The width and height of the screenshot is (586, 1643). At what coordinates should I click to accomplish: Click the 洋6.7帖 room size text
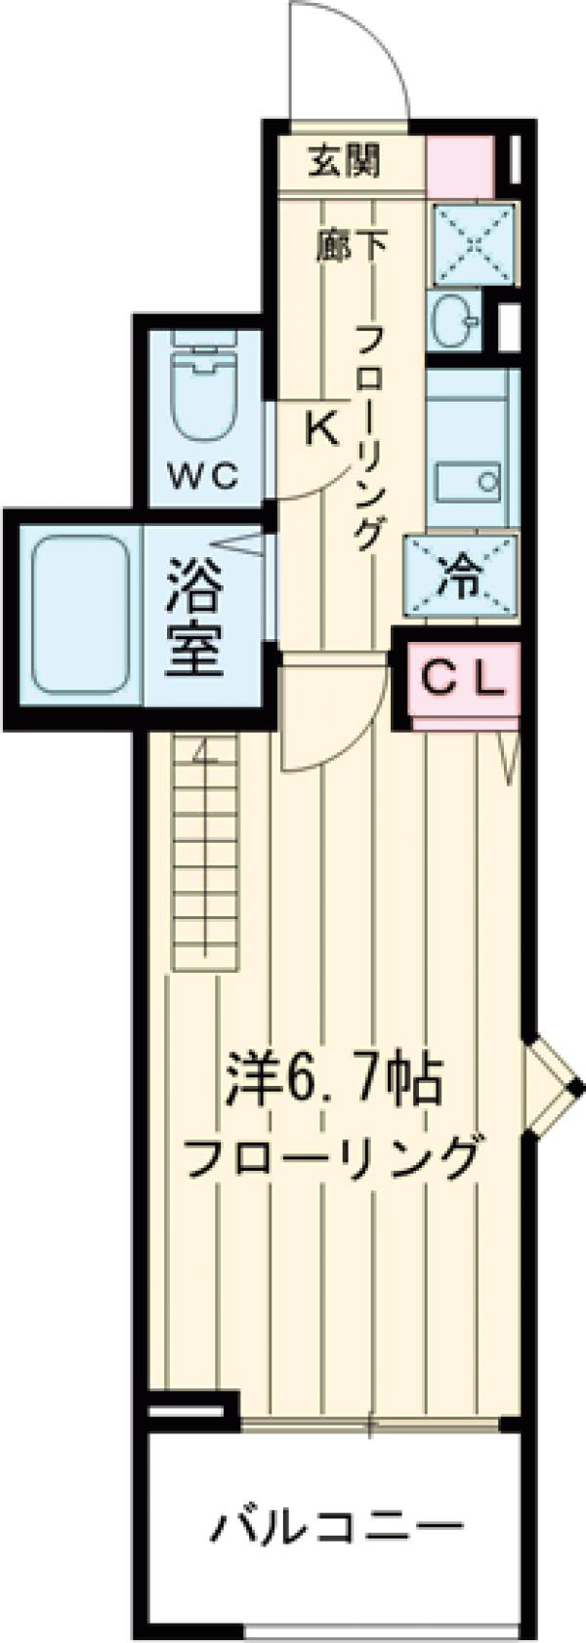(335, 1079)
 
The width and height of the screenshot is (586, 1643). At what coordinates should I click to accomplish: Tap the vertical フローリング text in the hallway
(367, 439)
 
